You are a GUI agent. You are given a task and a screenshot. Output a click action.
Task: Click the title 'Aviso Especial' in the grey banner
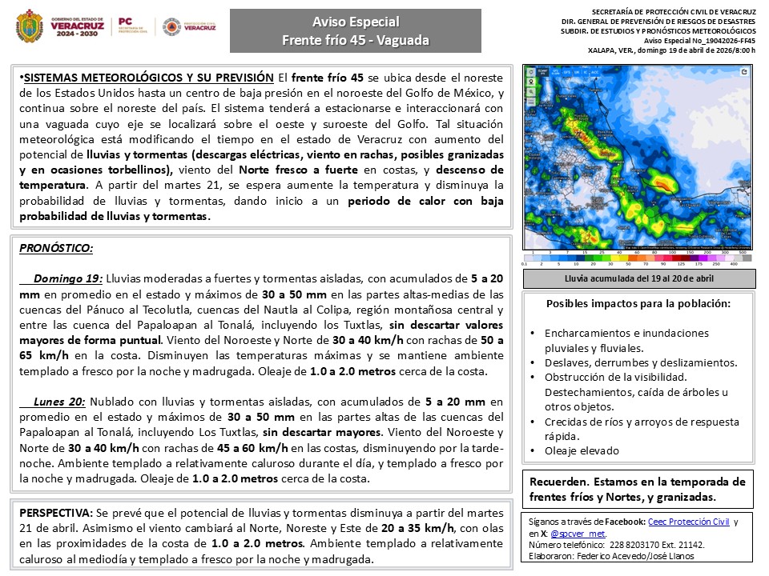tap(355, 22)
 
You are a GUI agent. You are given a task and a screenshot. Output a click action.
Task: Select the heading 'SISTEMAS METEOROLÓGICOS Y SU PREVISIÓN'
tap(148, 78)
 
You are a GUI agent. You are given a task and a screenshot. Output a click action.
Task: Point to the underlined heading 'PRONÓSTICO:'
tap(55, 249)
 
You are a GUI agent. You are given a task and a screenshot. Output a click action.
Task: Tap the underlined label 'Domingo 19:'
tap(68, 279)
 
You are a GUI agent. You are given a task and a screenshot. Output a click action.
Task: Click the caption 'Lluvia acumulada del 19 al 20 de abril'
tap(638, 278)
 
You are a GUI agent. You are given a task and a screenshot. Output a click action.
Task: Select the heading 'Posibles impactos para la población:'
tap(638, 304)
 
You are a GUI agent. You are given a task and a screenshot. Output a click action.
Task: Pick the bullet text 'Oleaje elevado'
tap(582, 450)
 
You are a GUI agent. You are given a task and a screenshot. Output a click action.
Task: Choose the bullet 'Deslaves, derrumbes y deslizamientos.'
tap(641, 362)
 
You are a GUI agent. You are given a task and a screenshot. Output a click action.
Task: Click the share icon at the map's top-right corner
tap(745, 72)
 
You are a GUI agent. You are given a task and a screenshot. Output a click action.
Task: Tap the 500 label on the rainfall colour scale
tap(743, 251)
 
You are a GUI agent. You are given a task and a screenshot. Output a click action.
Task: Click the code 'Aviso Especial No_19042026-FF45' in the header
tap(699, 40)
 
